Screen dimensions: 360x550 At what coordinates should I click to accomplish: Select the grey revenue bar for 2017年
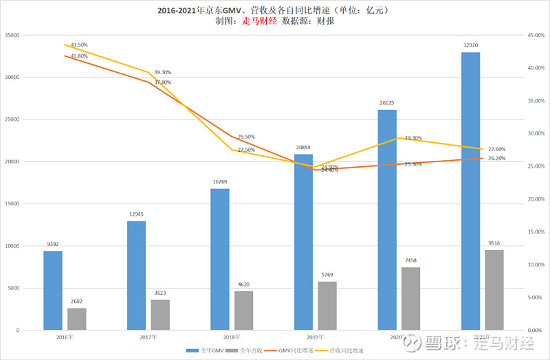click(x=160, y=315)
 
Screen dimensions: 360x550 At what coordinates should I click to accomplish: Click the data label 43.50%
click(x=78, y=44)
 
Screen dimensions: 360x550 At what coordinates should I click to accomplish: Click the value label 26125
click(x=387, y=104)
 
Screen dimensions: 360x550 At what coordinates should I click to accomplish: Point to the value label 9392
click(x=53, y=245)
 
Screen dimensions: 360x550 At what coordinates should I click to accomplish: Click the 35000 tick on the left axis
click(x=12, y=35)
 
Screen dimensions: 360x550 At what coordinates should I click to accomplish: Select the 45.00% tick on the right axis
click(x=534, y=35)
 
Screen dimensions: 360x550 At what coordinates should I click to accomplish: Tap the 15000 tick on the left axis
click(x=12, y=204)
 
